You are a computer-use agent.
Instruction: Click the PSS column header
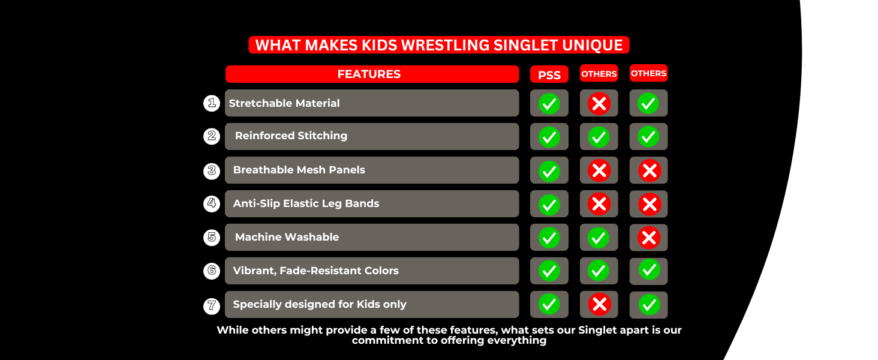click(x=549, y=74)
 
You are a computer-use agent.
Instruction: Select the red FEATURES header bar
click(x=372, y=74)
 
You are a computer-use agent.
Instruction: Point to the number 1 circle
click(x=211, y=103)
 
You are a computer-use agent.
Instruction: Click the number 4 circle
click(x=211, y=203)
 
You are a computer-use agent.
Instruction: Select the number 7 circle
click(x=211, y=305)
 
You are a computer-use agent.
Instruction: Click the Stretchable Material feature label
click(x=284, y=103)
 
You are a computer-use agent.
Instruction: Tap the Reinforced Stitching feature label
click(x=291, y=136)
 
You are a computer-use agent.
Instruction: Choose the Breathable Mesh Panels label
click(x=299, y=170)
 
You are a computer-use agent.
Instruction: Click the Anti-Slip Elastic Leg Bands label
click(x=306, y=203)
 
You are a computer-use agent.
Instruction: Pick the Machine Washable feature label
click(x=287, y=237)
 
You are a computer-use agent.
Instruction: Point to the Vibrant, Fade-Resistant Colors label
click(x=315, y=271)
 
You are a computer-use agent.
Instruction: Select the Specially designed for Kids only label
click(x=320, y=304)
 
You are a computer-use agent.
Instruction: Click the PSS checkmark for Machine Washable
click(x=549, y=238)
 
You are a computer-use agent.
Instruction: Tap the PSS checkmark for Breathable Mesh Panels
click(x=549, y=171)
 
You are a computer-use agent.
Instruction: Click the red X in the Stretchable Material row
click(x=599, y=104)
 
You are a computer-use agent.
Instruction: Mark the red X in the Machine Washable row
click(x=648, y=238)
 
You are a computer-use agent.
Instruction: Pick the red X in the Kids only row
click(x=599, y=305)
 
